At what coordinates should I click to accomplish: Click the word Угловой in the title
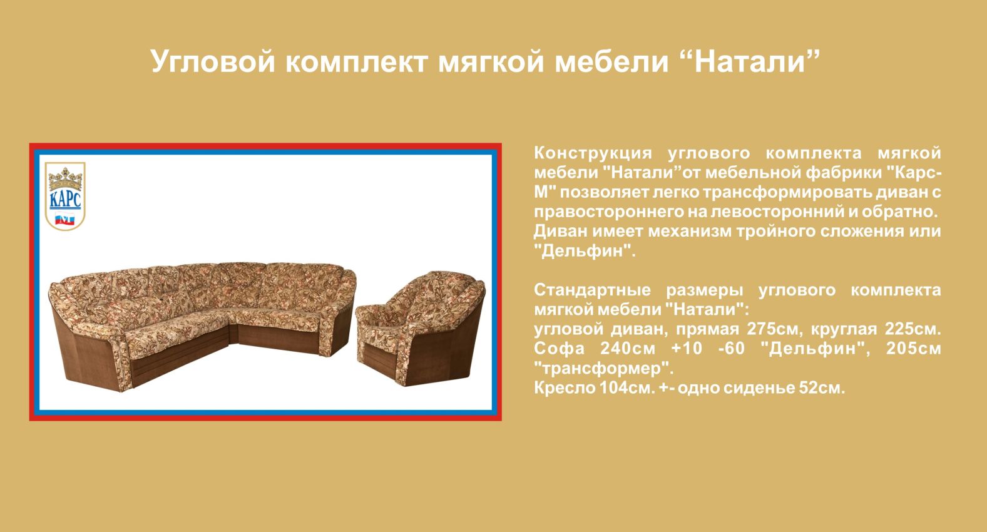213,62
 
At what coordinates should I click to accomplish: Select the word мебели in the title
611,61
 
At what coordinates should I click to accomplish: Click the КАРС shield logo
65,196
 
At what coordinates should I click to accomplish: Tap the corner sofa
203,326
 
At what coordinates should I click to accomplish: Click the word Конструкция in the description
593,153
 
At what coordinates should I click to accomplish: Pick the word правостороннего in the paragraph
609,212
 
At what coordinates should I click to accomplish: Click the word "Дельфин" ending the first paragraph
585,251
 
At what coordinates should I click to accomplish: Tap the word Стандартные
592,290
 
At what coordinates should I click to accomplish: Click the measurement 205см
913,349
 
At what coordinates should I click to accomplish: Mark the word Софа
559,349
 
